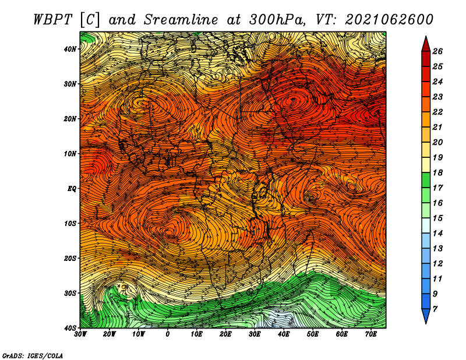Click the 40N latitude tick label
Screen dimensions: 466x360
[x=70, y=49]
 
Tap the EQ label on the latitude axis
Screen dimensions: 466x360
[x=72, y=189]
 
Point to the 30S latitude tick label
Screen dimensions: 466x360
[x=70, y=293]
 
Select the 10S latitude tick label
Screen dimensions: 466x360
[x=70, y=224]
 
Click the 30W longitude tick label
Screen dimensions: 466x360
[x=80, y=334]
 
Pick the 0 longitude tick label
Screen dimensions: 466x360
[x=168, y=334]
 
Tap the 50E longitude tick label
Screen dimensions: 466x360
[x=313, y=334]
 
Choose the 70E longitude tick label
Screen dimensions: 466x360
[x=371, y=334]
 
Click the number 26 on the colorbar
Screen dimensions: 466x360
[x=437, y=51]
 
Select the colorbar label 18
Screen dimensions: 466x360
[x=437, y=172]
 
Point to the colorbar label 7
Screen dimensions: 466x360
[x=435, y=309]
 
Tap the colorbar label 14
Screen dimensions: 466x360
[x=437, y=234]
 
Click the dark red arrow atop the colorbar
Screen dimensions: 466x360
[x=426, y=44]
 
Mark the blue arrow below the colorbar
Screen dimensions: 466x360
[x=426, y=316]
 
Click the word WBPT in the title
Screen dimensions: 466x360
[x=52, y=20]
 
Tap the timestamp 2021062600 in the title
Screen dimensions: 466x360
[x=389, y=20]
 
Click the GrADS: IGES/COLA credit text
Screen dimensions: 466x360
[x=33, y=356]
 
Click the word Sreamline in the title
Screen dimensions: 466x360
[x=181, y=20]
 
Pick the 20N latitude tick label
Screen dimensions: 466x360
[x=70, y=119]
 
